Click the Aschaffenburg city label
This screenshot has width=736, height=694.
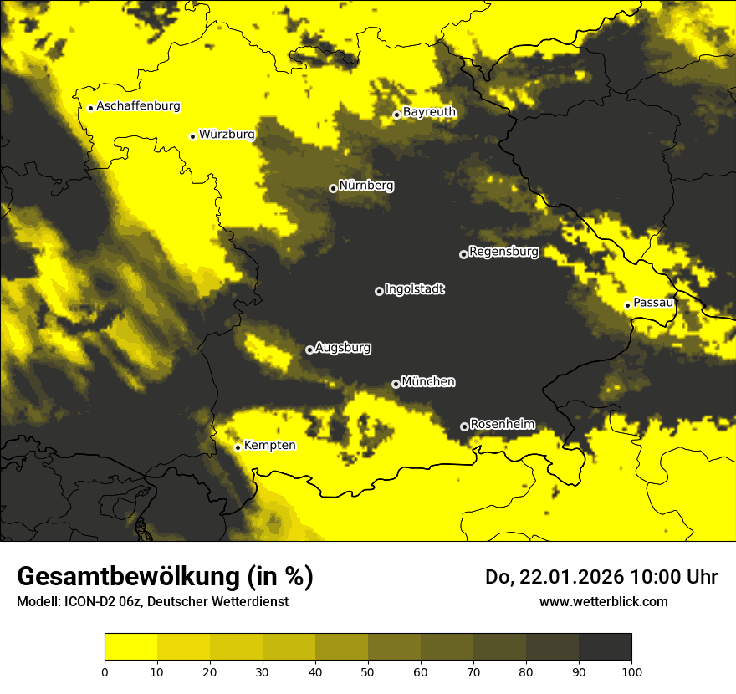point(138,106)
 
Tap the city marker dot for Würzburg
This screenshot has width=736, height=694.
point(192,136)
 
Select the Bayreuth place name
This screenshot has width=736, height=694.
point(429,112)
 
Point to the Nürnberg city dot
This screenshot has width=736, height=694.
point(333,188)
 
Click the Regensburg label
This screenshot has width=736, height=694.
point(503,252)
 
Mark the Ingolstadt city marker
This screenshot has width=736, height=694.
point(379,291)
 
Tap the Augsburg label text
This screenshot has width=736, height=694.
point(343,348)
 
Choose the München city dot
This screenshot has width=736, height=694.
point(396,384)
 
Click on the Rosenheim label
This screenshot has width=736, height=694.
point(503,425)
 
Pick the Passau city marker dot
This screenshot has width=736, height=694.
point(627,305)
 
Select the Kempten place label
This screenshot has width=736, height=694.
point(269,446)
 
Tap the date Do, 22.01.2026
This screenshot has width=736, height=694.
point(551,577)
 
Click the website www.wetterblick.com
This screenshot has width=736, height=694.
point(603,602)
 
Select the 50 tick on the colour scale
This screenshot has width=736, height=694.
point(368,671)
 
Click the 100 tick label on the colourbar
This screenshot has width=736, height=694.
point(631,671)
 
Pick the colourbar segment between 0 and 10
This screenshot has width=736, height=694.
point(130,647)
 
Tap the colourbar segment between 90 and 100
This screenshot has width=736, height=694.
point(605,647)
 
